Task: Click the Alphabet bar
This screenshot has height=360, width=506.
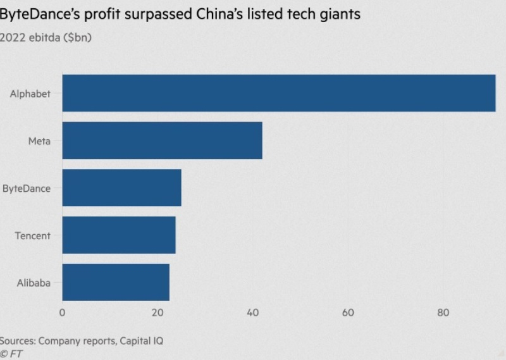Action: click(x=278, y=93)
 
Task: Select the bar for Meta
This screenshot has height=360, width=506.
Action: click(x=162, y=140)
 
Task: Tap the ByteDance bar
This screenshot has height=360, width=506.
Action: click(x=121, y=188)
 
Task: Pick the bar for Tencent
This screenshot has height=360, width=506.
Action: click(x=119, y=235)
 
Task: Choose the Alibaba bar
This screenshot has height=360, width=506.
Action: click(x=116, y=282)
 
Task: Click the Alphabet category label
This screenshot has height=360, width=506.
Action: click(x=30, y=94)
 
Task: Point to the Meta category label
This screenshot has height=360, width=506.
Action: click(x=39, y=140)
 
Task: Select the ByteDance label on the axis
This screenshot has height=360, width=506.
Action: click(x=27, y=188)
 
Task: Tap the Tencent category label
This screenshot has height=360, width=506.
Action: click(x=33, y=235)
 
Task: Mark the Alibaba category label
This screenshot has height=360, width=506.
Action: click(x=34, y=282)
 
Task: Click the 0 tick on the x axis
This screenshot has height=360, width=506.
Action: click(x=62, y=313)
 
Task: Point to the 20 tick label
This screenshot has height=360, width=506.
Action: click(x=157, y=313)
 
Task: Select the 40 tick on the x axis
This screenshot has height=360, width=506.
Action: click(x=253, y=313)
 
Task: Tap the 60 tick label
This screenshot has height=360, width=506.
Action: click(x=348, y=313)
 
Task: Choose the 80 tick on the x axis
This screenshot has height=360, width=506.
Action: click(x=443, y=313)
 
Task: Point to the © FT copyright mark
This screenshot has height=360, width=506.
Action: click(x=11, y=354)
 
